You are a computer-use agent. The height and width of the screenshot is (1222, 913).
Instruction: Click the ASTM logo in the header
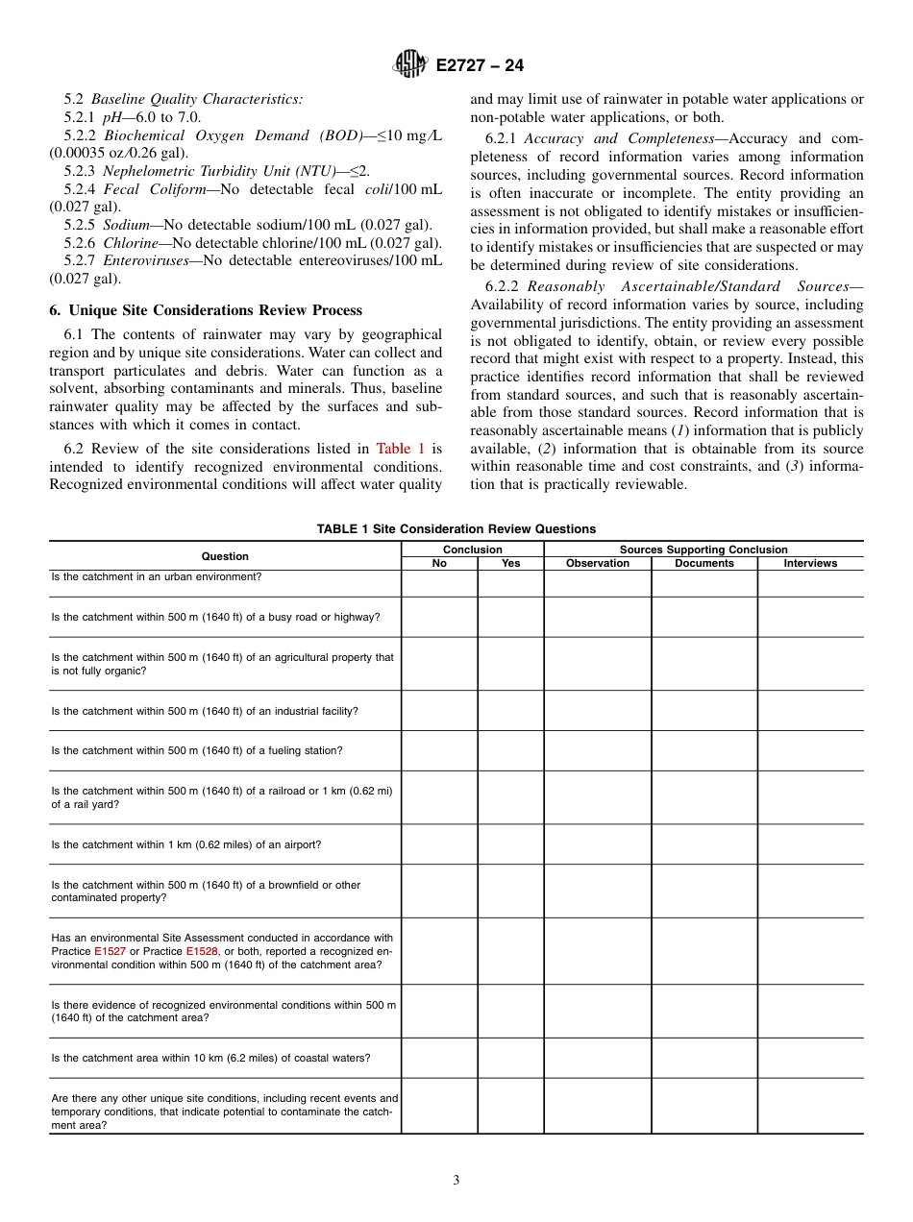point(412,65)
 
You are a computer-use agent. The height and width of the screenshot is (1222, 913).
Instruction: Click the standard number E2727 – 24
point(480,66)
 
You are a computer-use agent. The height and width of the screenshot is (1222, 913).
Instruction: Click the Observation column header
point(598,563)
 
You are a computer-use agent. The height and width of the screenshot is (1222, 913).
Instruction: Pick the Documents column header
point(704,563)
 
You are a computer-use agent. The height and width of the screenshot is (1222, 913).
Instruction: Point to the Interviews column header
point(810,563)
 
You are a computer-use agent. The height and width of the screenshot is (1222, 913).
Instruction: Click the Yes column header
point(511,563)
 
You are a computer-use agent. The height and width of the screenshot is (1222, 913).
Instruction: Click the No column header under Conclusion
point(439,563)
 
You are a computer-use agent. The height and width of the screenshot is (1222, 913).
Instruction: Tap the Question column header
point(225,556)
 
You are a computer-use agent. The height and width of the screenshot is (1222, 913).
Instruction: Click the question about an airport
point(186,844)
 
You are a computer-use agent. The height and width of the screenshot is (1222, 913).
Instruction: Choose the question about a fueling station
point(196,750)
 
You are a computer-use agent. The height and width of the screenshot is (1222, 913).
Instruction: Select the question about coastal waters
point(210,1058)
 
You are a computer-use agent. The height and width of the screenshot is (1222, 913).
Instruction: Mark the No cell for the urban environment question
point(439,583)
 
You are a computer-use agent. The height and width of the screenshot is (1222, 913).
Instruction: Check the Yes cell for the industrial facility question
point(511,711)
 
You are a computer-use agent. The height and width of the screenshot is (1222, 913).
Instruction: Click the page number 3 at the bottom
point(456,1181)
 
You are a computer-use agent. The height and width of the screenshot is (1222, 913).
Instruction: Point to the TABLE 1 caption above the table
point(456,529)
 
